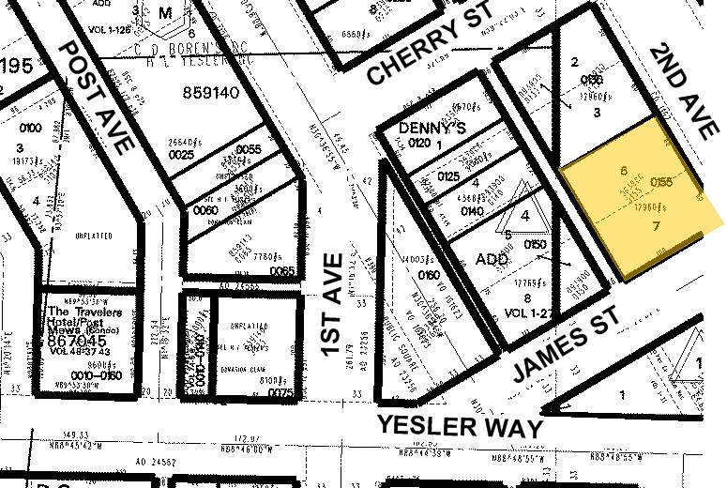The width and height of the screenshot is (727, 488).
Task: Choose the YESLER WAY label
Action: click(x=460, y=425)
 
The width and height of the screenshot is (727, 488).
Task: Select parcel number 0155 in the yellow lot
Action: click(x=659, y=183)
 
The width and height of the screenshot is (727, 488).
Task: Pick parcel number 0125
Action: click(x=448, y=175)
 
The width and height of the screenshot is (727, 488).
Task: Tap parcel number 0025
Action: click(x=181, y=154)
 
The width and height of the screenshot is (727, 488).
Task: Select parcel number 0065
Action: click(x=280, y=271)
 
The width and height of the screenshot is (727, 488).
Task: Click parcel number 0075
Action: click(x=280, y=394)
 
